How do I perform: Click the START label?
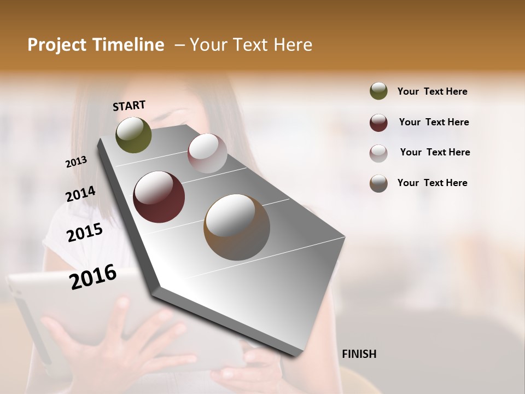[x=129, y=106]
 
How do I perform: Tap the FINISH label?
[x=359, y=354]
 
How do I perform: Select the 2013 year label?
[x=77, y=162]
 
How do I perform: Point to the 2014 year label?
[x=80, y=194]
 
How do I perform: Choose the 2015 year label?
[x=85, y=233]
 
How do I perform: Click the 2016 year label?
[x=93, y=276]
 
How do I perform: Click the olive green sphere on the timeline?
[x=133, y=135]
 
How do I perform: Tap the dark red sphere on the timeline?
[x=159, y=197]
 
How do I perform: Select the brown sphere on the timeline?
[x=237, y=227]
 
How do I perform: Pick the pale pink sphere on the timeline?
[x=207, y=153]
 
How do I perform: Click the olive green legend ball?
[x=378, y=91]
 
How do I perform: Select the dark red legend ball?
[x=378, y=123]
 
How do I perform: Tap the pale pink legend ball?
[x=378, y=153]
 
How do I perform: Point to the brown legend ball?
[x=378, y=183]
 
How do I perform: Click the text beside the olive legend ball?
[x=432, y=91]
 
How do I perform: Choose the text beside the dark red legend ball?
[x=434, y=122]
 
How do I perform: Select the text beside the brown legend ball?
[x=432, y=183]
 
